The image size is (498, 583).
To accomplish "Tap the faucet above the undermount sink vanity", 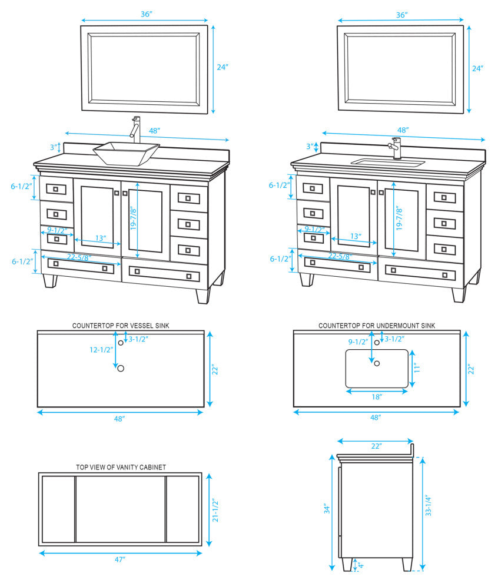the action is pyautogui.click(x=396, y=148).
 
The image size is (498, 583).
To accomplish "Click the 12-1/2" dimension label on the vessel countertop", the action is pyautogui.click(x=101, y=350).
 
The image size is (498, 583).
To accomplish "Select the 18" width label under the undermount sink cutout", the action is pyautogui.click(x=377, y=397).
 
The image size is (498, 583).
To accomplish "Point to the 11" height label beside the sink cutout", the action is pyautogui.click(x=417, y=367).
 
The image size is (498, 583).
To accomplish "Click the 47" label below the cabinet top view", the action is pyautogui.click(x=119, y=559).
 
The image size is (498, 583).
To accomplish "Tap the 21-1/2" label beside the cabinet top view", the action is pyautogui.click(x=215, y=511).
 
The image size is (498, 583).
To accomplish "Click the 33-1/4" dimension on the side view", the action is pyautogui.click(x=429, y=505).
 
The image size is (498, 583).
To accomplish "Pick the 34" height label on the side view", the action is pyautogui.click(x=327, y=509).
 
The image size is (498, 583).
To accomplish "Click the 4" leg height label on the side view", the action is pyautogui.click(x=361, y=565).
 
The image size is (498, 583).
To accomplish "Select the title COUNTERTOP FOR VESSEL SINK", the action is pyautogui.click(x=121, y=326).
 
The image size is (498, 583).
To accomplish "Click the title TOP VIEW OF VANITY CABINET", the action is pyautogui.click(x=121, y=467).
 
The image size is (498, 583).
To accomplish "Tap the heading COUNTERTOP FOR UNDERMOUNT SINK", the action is pyautogui.click(x=377, y=326).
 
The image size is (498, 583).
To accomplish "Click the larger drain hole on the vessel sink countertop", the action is pyautogui.click(x=121, y=369).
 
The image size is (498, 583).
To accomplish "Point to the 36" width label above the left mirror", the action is pyautogui.click(x=147, y=14).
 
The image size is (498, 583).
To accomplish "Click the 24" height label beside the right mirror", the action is pyautogui.click(x=477, y=68).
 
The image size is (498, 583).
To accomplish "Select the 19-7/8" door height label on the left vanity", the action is pyautogui.click(x=134, y=218).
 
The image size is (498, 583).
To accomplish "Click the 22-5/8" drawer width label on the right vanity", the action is pyautogui.click(x=340, y=256).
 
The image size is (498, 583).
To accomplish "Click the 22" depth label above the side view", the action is pyautogui.click(x=377, y=446).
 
